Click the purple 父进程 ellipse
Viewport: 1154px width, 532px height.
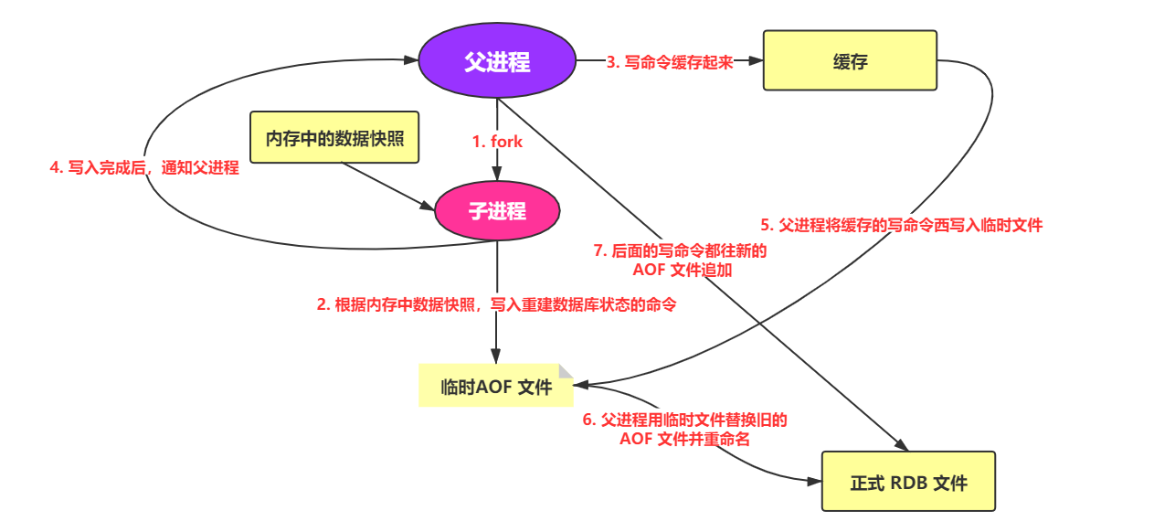point(497,62)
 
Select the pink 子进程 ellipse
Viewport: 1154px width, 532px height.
point(497,211)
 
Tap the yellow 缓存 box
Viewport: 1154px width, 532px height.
point(850,60)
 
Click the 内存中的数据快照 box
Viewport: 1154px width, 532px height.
point(334,138)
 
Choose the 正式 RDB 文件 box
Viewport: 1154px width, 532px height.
point(908,481)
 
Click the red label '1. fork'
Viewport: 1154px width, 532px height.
point(497,141)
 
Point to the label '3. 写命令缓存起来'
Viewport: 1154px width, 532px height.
point(670,62)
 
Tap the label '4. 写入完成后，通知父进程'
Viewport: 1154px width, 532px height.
point(144,167)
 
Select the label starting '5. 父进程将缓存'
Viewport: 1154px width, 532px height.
point(901,224)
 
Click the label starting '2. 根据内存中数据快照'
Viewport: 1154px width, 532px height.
point(497,304)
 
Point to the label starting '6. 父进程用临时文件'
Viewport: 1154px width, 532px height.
point(685,429)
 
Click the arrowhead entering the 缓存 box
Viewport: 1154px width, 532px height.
point(756,61)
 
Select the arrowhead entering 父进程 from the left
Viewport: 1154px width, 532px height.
point(412,61)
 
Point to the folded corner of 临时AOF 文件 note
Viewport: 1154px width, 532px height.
point(566,370)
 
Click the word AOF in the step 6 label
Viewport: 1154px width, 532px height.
point(636,439)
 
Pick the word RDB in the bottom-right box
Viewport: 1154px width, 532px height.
point(908,482)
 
